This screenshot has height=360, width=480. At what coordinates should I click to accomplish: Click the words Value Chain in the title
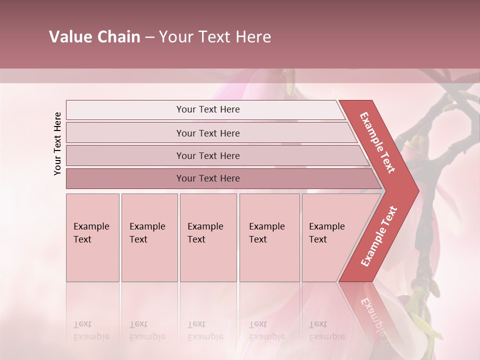point(94,37)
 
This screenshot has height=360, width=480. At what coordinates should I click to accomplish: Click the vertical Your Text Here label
point(57,143)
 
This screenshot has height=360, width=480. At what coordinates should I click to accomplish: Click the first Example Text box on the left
point(92,237)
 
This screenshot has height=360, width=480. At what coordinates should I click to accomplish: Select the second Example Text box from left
point(149,237)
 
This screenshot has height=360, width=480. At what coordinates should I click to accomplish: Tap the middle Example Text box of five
point(208,237)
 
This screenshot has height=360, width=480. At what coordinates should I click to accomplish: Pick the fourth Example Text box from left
point(269,237)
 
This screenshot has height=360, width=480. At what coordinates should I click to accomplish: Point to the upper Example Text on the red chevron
point(377,142)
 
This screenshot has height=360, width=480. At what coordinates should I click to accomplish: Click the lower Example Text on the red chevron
point(379,236)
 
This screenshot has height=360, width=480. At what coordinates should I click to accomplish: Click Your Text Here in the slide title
point(215,37)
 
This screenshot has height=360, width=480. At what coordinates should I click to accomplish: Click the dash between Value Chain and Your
point(149,37)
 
